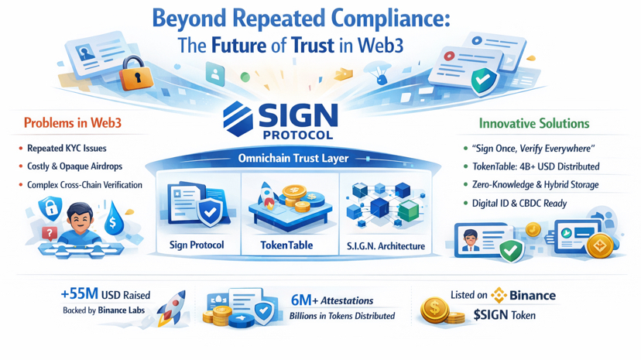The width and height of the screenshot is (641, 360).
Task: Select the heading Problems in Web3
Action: pos(72,123)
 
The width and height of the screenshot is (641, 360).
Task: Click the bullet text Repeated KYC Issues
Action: pos(67,148)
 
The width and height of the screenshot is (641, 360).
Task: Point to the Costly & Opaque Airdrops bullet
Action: pos(74,166)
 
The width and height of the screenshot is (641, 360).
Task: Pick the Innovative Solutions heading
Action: pos(534,123)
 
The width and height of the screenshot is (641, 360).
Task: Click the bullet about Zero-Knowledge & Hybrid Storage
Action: pos(531,185)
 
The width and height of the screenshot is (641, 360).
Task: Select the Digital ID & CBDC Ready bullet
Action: pos(519,204)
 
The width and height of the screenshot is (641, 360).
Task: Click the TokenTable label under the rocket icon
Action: pos(286,245)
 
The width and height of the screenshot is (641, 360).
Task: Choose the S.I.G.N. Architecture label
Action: pos(386,246)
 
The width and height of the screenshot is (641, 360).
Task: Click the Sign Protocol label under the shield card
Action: pos(197,245)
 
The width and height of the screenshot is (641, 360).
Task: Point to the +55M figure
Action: pos(80,294)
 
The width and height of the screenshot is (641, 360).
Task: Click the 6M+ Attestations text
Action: pos(332,300)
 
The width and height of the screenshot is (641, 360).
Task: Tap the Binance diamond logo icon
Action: pos(499,295)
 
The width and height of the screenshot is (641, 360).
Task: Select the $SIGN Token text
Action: pos(504,315)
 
